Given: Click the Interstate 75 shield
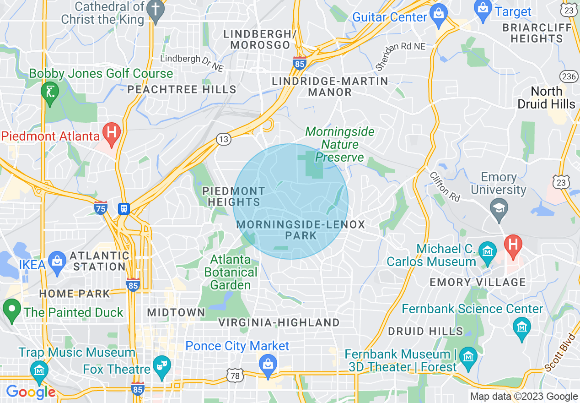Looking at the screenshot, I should click(x=101, y=207).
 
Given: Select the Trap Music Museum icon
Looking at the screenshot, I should click(x=39, y=369).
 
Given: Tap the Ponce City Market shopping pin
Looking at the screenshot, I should click(x=267, y=364).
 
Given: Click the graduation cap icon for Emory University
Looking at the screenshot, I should click(x=499, y=208).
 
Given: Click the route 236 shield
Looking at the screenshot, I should click(x=569, y=76).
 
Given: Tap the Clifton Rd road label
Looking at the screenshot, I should click(x=445, y=187).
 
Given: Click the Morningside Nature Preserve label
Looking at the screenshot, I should click(x=339, y=145).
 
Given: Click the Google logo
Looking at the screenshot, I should click(x=31, y=392).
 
